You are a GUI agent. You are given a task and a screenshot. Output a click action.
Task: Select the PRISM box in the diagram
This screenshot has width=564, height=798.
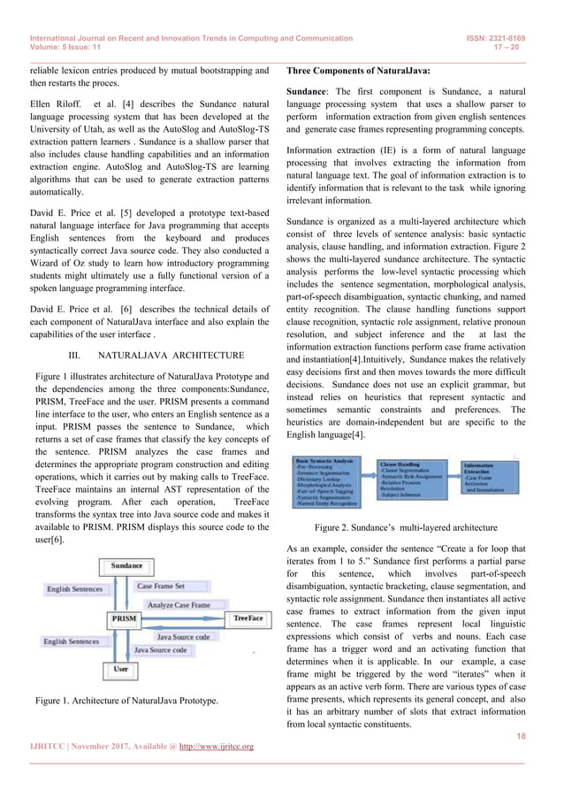click(x=124, y=618)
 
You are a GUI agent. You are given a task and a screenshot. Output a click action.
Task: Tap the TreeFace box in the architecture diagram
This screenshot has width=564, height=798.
click(x=247, y=618)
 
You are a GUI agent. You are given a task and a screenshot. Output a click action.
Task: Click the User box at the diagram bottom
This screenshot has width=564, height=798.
click(x=121, y=670)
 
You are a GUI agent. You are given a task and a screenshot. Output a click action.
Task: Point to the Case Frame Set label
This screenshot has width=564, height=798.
click(x=161, y=586)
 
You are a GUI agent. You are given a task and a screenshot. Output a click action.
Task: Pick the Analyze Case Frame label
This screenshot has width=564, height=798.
click(x=179, y=604)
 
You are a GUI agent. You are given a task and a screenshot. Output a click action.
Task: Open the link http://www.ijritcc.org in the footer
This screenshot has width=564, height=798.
click(x=217, y=747)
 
